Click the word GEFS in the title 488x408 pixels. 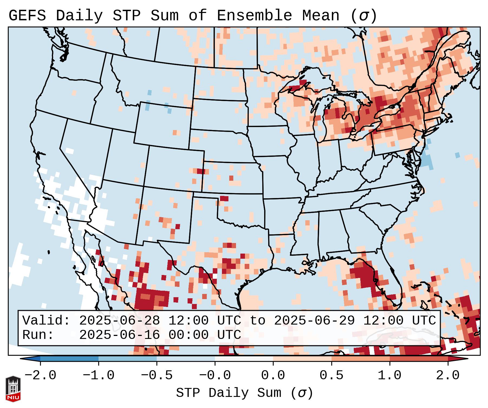coord(27,16)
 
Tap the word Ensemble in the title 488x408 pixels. coord(254,16)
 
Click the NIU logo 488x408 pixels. coord(13,389)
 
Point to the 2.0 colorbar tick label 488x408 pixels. coord(448,375)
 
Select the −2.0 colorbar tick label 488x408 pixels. coord(40,375)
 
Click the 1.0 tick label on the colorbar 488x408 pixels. coord(389,375)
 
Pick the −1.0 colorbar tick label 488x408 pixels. coord(99,375)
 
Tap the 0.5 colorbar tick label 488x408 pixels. coord(331,375)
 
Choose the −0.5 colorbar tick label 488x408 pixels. coord(157,375)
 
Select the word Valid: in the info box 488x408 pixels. coord(46,320)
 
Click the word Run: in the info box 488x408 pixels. coord(38,335)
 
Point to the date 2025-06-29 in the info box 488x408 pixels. coord(314,320)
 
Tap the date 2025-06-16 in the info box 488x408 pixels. coord(119,335)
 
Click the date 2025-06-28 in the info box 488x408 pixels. coord(119,320)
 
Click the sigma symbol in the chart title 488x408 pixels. coord(363,16)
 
